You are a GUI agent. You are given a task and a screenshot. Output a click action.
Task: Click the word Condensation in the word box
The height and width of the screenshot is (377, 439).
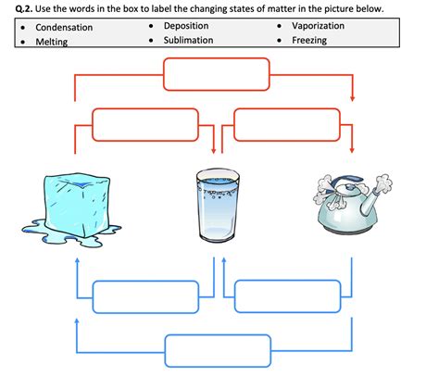coord(64,27)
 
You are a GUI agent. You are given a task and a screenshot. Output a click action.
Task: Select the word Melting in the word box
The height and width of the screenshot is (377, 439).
coord(52,42)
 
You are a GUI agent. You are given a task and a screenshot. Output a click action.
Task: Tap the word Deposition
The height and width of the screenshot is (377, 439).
coord(185,26)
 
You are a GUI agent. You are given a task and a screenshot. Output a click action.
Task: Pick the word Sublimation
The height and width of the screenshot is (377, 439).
coord(188,41)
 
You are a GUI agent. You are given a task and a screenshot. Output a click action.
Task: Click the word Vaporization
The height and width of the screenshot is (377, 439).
coord(318,26)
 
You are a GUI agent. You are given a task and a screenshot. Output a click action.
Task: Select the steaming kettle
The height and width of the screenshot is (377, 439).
coord(352,204)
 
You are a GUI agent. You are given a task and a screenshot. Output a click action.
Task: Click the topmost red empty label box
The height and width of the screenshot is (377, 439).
coord(216,73)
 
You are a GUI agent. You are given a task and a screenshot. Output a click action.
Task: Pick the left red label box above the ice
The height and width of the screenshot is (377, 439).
coord(144,124)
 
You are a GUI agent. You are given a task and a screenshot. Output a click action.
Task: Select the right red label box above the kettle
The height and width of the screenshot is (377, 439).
coord(287,124)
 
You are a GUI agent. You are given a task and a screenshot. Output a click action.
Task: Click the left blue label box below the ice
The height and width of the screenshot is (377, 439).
coord(144,296)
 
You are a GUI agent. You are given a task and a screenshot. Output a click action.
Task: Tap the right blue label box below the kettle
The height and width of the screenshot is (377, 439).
coord(287,296)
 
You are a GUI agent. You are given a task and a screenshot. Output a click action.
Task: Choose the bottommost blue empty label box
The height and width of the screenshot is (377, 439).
coord(216,350)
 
